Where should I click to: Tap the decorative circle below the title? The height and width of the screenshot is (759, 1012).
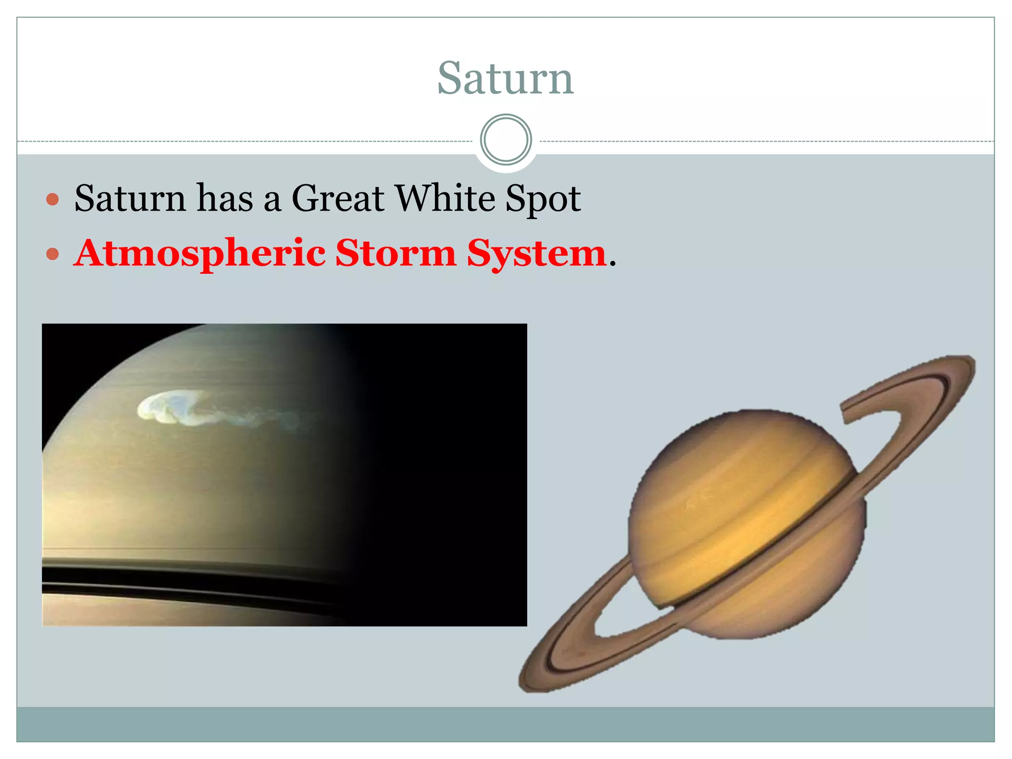click(x=506, y=140)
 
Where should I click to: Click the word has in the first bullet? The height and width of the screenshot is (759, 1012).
click(x=225, y=199)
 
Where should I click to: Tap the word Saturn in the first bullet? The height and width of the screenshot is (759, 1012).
click(x=130, y=199)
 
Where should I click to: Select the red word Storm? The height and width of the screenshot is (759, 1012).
click(x=396, y=253)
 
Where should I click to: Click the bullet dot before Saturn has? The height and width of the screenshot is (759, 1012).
click(x=52, y=200)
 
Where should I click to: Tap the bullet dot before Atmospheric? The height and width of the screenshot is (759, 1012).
click(x=52, y=254)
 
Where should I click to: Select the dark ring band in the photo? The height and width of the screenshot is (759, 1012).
click(x=148, y=576)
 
